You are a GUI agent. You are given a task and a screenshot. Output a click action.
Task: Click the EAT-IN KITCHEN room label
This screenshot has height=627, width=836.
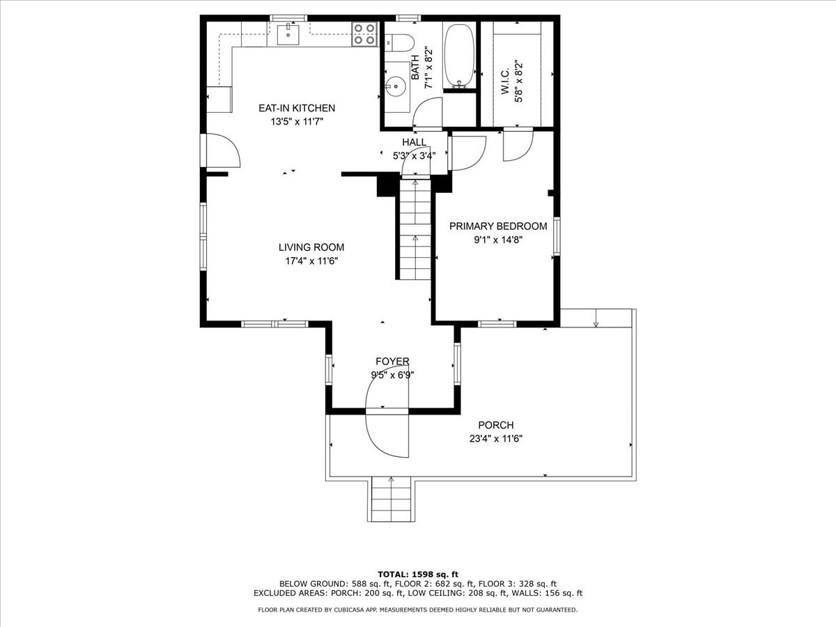click(297, 108)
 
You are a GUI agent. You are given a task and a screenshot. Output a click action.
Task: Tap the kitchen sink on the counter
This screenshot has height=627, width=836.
click(288, 32)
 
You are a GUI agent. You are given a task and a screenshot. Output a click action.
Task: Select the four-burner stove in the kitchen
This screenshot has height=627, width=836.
click(364, 34)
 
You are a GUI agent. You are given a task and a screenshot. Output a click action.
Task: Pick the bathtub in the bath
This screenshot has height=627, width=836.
click(459, 56)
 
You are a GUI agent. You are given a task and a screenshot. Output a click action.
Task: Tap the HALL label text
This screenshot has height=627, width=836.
click(414, 142)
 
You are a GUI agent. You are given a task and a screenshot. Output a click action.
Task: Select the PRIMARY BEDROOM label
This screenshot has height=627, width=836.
click(497, 226)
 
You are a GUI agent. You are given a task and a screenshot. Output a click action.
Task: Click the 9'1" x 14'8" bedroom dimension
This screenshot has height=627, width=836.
click(497, 240)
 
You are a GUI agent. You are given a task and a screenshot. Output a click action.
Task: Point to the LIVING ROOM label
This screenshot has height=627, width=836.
click(311, 247)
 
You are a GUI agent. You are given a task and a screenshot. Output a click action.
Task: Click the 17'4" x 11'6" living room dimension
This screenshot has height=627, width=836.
click(311, 261)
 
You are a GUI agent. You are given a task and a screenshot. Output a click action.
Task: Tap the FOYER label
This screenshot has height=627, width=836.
click(392, 361)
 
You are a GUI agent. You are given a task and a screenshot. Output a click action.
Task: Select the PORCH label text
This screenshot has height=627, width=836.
click(495, 425)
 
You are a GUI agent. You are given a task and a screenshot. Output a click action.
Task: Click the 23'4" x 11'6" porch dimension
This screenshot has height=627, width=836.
click(495, 439)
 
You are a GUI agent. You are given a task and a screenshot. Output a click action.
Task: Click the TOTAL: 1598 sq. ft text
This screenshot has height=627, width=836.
click(417, 573)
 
